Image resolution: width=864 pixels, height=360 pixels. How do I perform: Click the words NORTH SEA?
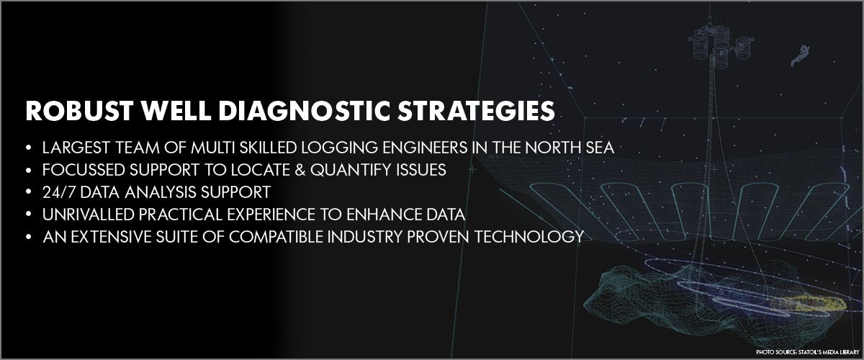[x=576, y=148]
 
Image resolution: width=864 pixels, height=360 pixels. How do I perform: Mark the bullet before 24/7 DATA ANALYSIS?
[x=29, y=192]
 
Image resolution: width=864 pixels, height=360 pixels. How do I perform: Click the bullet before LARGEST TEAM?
[x=29, y=148]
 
